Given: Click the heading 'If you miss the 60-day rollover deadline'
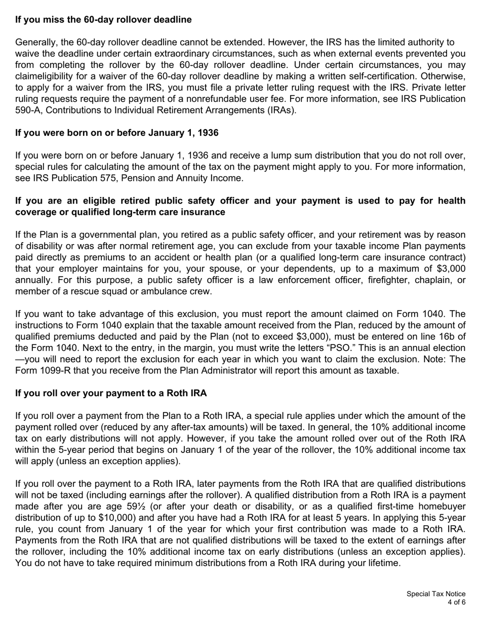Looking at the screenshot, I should [103, 20].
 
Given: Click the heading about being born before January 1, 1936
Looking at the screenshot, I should [117, 133].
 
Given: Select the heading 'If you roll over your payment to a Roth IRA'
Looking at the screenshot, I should [111, 393].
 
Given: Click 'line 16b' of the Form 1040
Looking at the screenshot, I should [438, 337].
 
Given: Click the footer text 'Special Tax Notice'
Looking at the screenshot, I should [435, 594].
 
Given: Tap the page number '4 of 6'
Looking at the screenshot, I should [456, 602].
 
